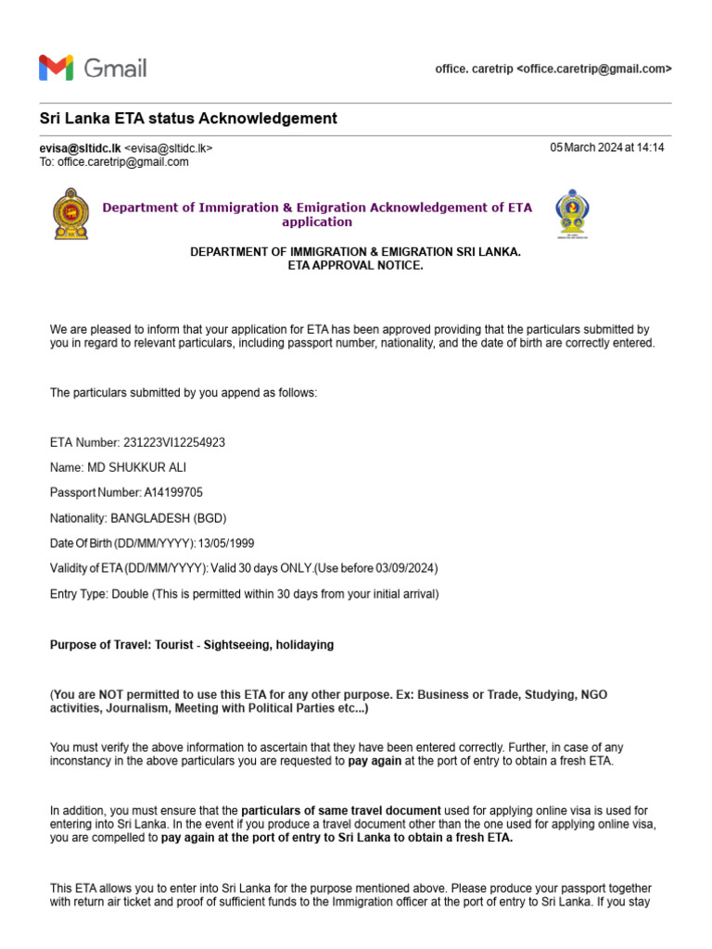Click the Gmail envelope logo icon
56,68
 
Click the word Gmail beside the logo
115,68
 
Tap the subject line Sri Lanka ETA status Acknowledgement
188,119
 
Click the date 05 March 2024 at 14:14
607,147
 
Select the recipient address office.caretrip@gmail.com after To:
123,161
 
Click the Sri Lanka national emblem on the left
71,214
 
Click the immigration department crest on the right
571,214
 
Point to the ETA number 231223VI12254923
174,442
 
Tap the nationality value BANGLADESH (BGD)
168,517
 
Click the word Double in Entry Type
128,593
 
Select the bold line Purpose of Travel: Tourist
191,644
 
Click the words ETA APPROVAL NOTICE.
356,266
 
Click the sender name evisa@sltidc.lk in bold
80,147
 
